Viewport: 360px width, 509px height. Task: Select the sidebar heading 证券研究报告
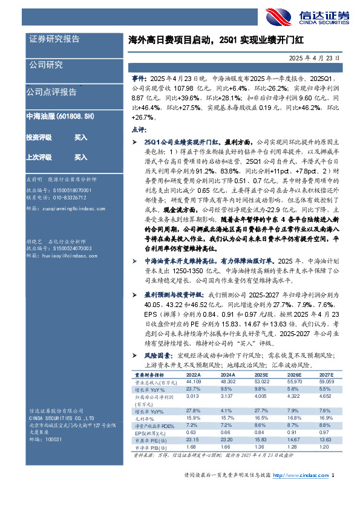(54, 39)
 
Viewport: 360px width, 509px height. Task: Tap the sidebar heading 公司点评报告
(51, 92)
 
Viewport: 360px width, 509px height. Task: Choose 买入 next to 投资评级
(80, 138)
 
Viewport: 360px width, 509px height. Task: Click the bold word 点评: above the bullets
(138, 129)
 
